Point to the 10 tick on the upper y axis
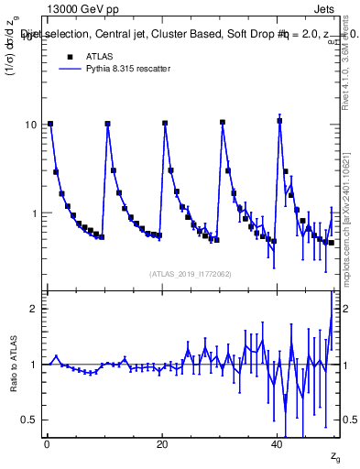pos(34,124)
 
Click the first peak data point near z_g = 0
pos(50,123)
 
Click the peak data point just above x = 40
pos(279,120)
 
